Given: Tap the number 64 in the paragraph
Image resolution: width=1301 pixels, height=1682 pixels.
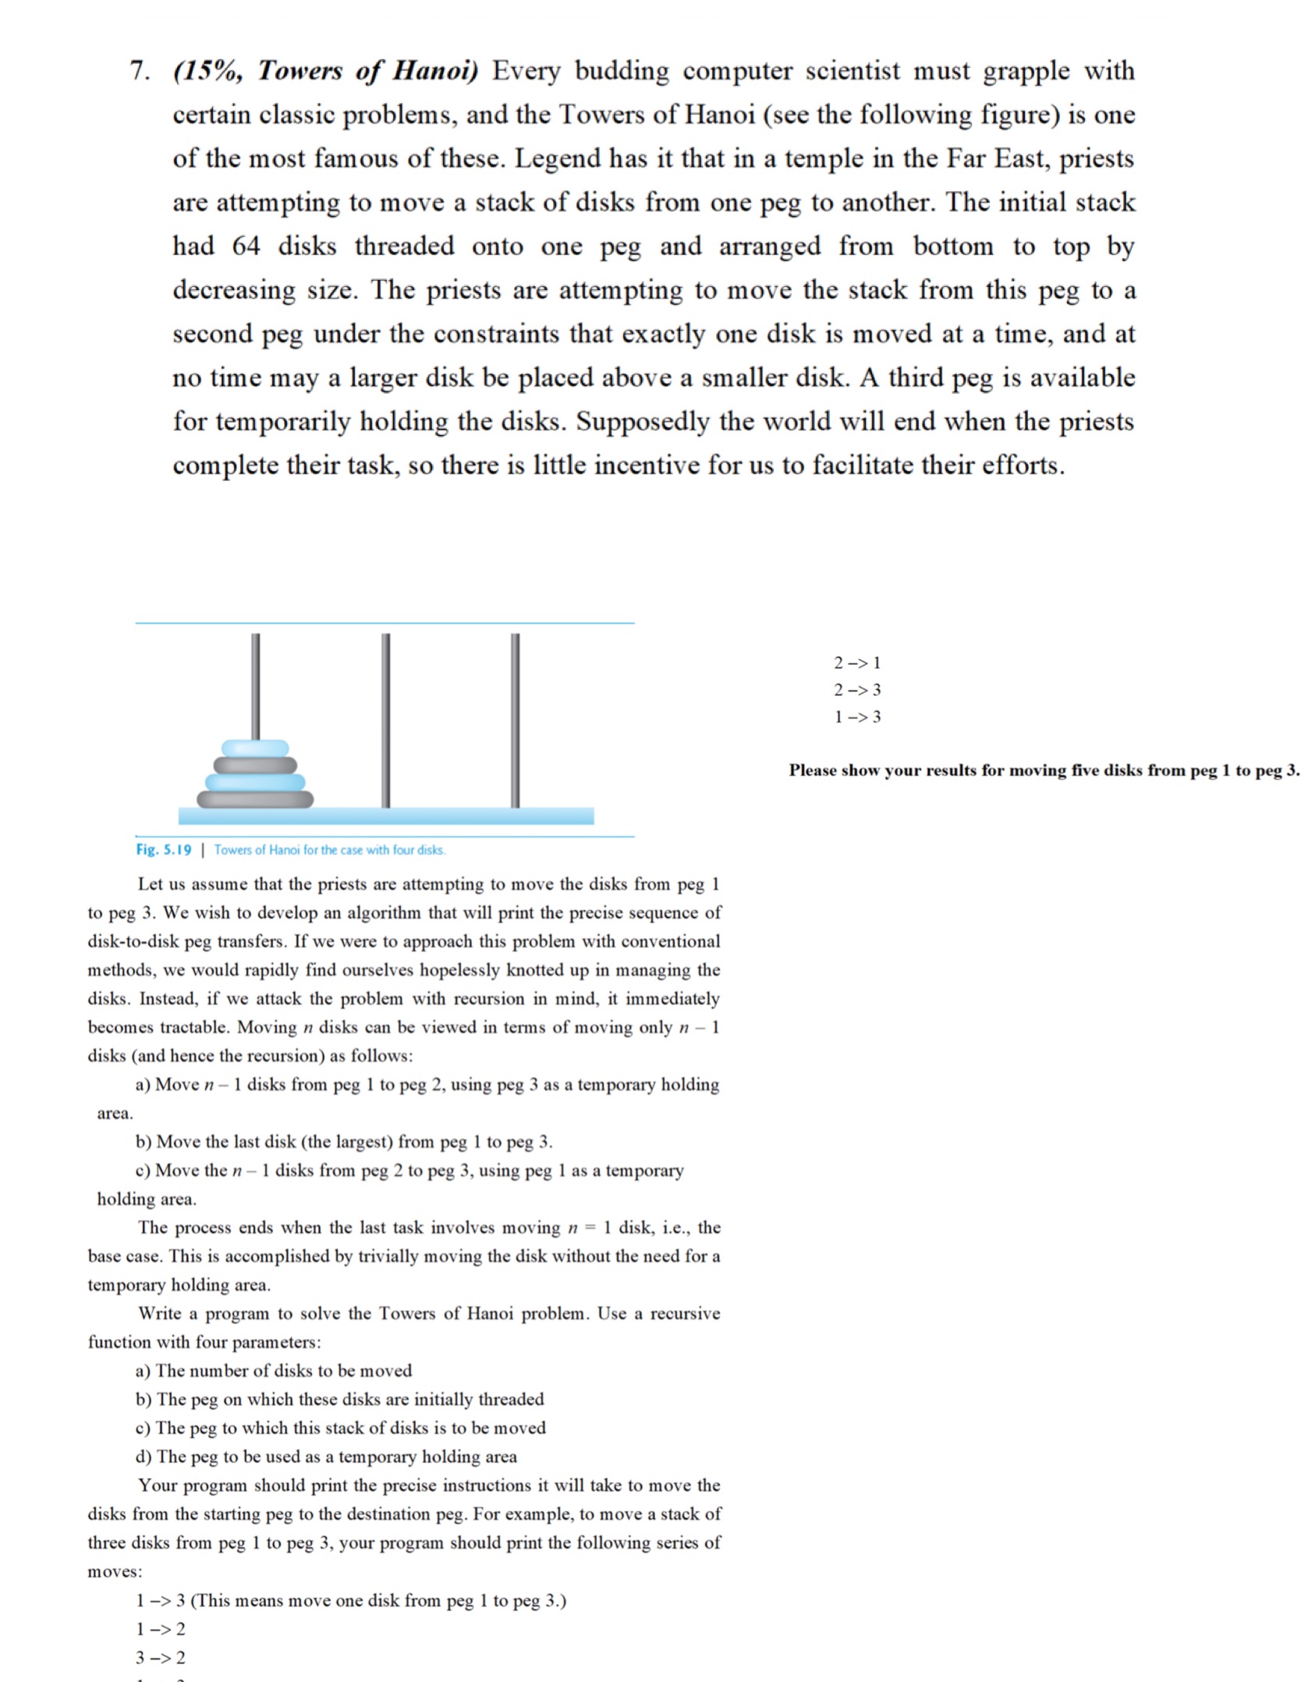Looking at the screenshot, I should tap(246, 246).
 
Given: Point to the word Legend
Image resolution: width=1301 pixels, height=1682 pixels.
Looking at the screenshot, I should tap(557, 159).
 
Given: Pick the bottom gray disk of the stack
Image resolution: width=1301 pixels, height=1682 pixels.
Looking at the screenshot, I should tap(255, 799).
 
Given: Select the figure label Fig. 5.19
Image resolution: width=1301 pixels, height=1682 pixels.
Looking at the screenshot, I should tap(163, 850).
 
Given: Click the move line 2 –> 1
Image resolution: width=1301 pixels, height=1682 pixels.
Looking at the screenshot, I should tap(856, 664).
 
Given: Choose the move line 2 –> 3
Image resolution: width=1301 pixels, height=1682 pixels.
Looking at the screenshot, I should tap(856, 690).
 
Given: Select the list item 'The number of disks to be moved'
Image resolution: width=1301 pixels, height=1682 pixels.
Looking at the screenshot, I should tap(283, 1371).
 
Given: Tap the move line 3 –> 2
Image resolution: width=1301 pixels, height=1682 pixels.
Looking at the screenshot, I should tap(160, 1658).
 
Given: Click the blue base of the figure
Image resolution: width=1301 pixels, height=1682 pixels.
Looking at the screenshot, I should tap(385, 816).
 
